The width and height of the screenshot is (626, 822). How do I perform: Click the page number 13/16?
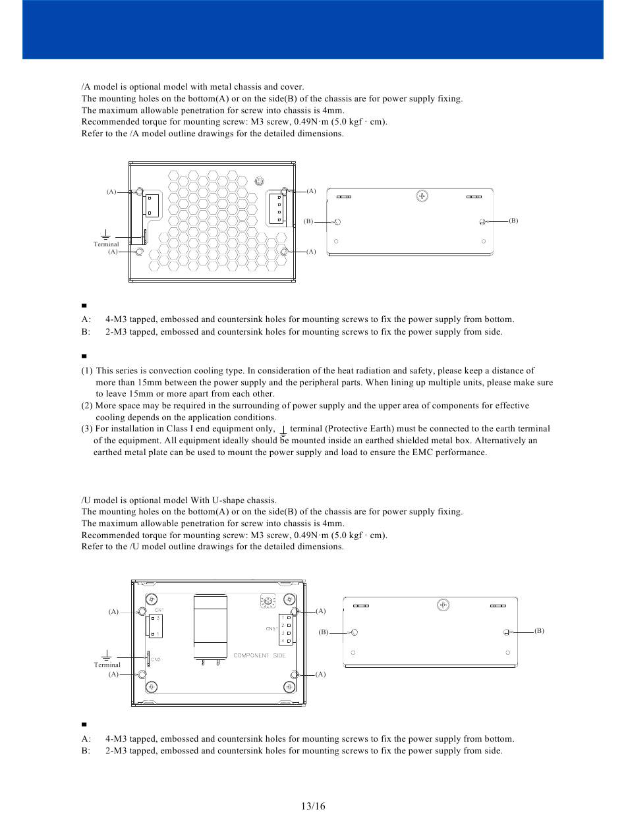click(x=313, y=806)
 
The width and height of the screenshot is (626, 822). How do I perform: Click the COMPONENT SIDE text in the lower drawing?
click(x=260, y=656)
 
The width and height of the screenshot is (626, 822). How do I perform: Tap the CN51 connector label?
click(x=271, y=628)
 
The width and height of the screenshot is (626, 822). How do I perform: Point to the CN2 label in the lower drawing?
click(x=156, y=659)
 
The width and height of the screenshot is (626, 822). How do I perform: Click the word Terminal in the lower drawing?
click(x=107, y=665)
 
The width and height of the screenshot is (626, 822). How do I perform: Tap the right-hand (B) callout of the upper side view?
click(x=513, y=221)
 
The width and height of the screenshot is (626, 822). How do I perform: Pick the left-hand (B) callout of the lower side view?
click(x=323, y=632)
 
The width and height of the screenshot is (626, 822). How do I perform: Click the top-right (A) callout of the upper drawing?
click(x=311, y=191)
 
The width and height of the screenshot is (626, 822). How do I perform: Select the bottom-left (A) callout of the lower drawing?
click(x=113, y=674)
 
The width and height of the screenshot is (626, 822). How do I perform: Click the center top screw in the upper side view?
click(x=422, y=196)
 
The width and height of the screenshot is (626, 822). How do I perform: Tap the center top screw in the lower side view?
click(x=443, y=604)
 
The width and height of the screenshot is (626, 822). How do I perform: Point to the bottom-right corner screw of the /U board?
click(x=289, y=687)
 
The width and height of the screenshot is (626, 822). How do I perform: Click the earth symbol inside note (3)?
click(x=283, y=430)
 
